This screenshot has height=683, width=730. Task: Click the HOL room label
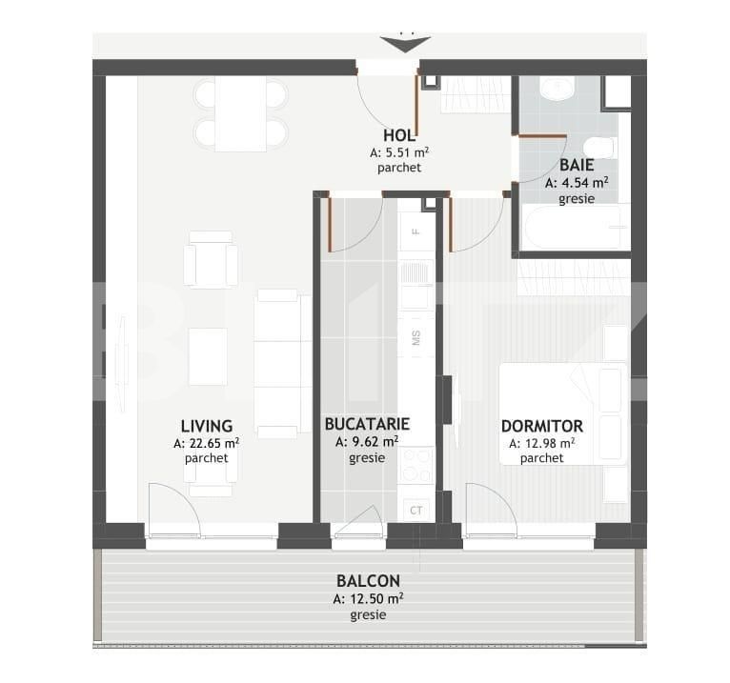[399, 135]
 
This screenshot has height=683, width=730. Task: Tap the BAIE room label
[577, 165]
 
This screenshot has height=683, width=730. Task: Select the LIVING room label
[207, 426]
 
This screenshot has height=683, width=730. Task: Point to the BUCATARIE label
[367, 424]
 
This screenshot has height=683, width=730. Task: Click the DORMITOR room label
[542, 426]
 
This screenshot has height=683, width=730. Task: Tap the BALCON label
[368, 580]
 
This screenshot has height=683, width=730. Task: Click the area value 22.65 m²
[207, 443]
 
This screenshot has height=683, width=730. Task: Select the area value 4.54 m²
[577, 182]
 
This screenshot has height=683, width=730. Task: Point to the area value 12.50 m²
[368, 598]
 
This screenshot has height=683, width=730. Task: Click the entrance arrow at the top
[405, 44]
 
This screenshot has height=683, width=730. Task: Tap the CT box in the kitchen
[416, 511]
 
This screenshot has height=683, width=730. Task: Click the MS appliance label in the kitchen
[416, 338]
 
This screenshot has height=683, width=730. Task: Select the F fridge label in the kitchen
[416, 231]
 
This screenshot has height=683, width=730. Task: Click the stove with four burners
[416, 464]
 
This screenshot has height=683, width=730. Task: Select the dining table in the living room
[240, 113]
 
